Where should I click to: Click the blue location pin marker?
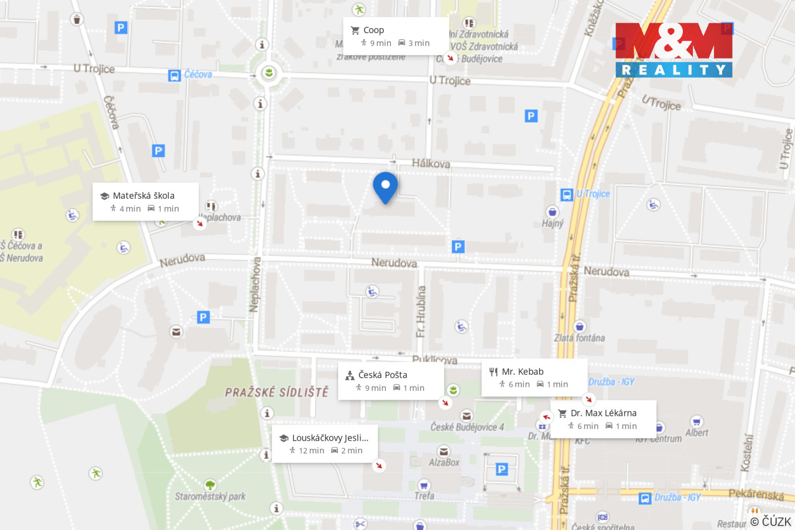coord(385,186)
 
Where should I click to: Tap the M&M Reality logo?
coord(674,50)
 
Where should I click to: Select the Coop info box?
coord(396,36)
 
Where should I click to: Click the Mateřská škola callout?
coord(145,202)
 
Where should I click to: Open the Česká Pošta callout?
coord(391,381)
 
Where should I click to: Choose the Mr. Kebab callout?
coord(534,378)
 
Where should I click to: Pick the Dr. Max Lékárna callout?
coord(603,419)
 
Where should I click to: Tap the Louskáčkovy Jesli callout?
coord(325,443)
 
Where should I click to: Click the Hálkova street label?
coord(431,163)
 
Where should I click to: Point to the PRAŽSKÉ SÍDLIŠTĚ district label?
coord(277,392)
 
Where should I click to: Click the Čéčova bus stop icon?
coord(174,76)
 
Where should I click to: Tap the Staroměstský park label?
coord(210,496)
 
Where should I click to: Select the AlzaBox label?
coord(444,462)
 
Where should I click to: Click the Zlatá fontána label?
coord(579,338)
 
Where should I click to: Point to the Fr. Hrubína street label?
coord(421,312)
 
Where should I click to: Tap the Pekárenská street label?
coord(756,494)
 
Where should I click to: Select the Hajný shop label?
coord(553,223)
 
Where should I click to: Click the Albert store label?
coord(696,433)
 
